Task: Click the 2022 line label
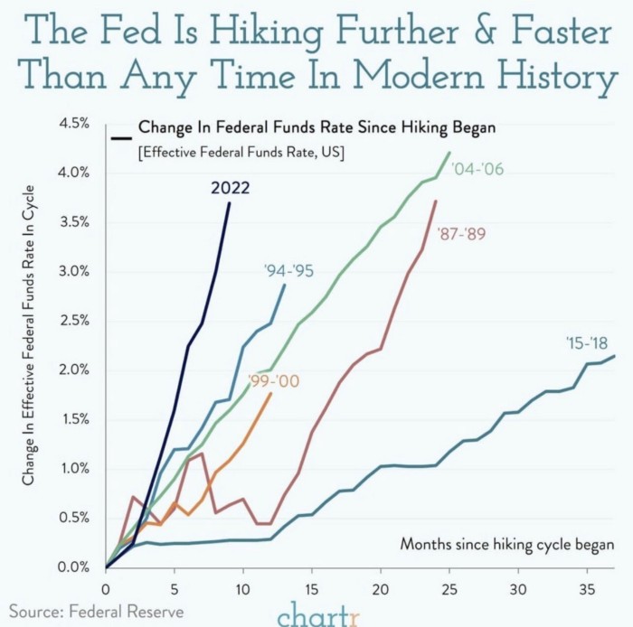tap(231, 188)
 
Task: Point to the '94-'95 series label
tap(289, 269)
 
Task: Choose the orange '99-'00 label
tap(273, 381)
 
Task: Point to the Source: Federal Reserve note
tap(97, 612)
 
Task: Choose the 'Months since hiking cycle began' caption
tap(507, 545)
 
